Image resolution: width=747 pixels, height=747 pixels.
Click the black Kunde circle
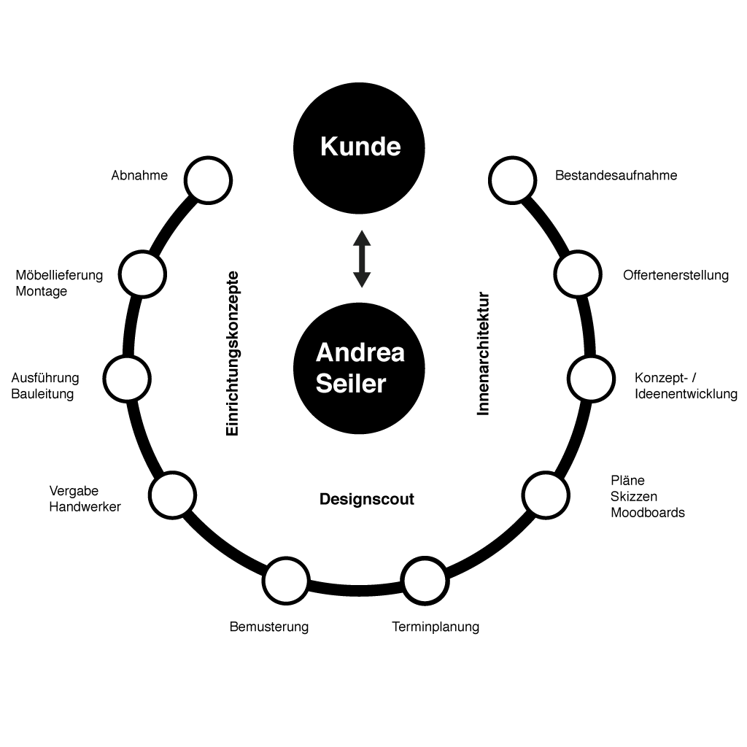point(359,148)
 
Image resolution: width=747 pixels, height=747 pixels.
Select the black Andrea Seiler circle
point(359,368)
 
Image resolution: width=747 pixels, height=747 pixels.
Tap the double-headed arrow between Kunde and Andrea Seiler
point(362,259)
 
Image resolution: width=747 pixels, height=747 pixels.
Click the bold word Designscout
point(367,499)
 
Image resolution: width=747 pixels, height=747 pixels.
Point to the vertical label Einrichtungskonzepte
point(232,354)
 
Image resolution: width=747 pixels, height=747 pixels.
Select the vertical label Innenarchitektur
point(483,354)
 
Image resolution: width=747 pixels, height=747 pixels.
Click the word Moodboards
point(648,513)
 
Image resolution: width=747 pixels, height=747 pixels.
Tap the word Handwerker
point(85,506)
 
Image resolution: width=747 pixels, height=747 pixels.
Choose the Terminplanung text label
point(436,627)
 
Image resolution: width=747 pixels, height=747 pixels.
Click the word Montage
point(42,292)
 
